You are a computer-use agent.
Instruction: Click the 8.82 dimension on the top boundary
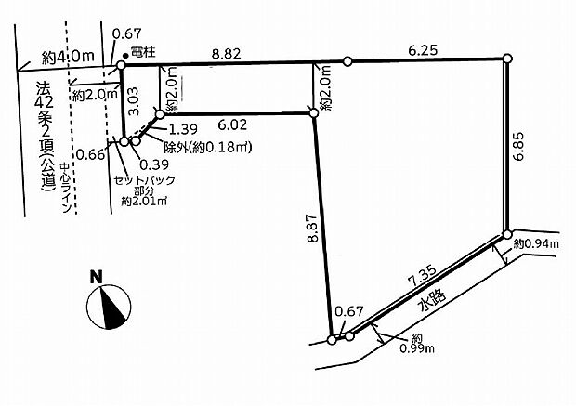click(x=227, y=54)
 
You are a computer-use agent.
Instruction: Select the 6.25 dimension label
click(x=423, y=49)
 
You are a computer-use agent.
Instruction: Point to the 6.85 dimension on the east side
click(x=520, y=146)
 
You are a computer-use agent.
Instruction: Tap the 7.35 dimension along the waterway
click(x=422, y=276)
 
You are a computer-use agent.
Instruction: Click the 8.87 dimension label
click(x=312, y=228)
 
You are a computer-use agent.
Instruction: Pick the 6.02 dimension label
click(x=232, y=124)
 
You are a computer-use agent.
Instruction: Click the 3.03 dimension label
click(x=134, y=101)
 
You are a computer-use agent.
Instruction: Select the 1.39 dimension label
click(x=183, y=129)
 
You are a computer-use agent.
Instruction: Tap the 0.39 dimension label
click(x=154, y=164)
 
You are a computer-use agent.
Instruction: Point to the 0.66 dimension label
click(x=91, y=154)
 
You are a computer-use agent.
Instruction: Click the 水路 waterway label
click(x=432, y=300)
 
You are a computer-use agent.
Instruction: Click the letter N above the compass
click(x=97, y=277)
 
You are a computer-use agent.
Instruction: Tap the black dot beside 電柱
click(x=125, y=56)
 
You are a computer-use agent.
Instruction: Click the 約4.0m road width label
click(x=68, y=57)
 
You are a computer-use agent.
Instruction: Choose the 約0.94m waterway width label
click(x=536, y=243)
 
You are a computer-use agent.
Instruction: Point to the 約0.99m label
click(x=417, y=343)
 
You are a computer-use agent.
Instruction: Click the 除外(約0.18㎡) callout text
click(x=207, y=148)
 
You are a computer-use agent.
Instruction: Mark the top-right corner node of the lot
click(x=507, y=59)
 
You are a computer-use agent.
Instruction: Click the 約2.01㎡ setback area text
click(x=145, y=202)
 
